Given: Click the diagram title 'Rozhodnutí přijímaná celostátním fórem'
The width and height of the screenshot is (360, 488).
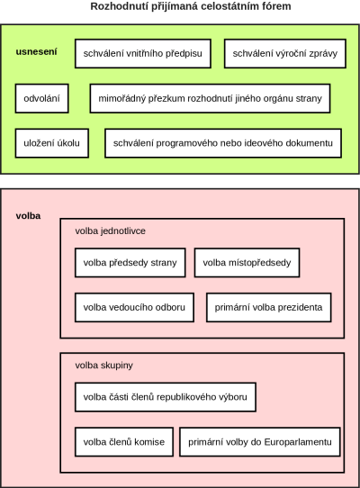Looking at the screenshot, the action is (x=191, y=6).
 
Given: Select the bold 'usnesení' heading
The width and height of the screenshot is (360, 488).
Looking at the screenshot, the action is (x=36, y=51).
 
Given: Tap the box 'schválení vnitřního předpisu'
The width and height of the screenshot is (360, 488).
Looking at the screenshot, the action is (x=143, y=53).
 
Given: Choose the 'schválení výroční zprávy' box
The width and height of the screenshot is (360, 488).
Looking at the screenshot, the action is (x=285, y=53).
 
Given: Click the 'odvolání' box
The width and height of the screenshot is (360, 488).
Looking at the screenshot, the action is (x=41, y=98).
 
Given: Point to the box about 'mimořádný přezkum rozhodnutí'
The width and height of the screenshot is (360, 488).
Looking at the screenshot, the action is (x=210, y=98).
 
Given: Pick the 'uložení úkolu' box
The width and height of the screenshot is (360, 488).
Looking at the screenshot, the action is (x=51, y=143).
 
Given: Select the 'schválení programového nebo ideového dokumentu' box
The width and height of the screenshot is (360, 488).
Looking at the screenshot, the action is (x=223, y=143).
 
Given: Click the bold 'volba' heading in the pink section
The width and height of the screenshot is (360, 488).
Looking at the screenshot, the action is (x=28, y=216).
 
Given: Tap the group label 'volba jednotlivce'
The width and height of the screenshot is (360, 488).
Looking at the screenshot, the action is (x=110, y=230).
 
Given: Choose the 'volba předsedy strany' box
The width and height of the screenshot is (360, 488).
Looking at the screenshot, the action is (x=130, y=263).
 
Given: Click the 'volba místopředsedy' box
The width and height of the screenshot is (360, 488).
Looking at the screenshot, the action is (x=247, y=263).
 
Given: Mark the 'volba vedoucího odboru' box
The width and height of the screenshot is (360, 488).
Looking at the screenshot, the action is (x=134, y=308).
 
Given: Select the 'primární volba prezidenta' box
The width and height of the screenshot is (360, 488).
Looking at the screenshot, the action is (x=268, y=308).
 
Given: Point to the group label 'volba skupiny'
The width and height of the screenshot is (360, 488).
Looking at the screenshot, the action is (x=103, y=365).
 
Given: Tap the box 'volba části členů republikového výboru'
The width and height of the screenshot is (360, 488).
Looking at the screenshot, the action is (x=166, y=397).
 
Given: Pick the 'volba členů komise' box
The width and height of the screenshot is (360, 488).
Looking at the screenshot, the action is (x=124, y=442).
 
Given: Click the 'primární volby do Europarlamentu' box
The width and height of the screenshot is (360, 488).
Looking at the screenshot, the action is (x=260, y=442).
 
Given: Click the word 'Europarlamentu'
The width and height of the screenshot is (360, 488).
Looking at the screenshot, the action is (x=298, y=442).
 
